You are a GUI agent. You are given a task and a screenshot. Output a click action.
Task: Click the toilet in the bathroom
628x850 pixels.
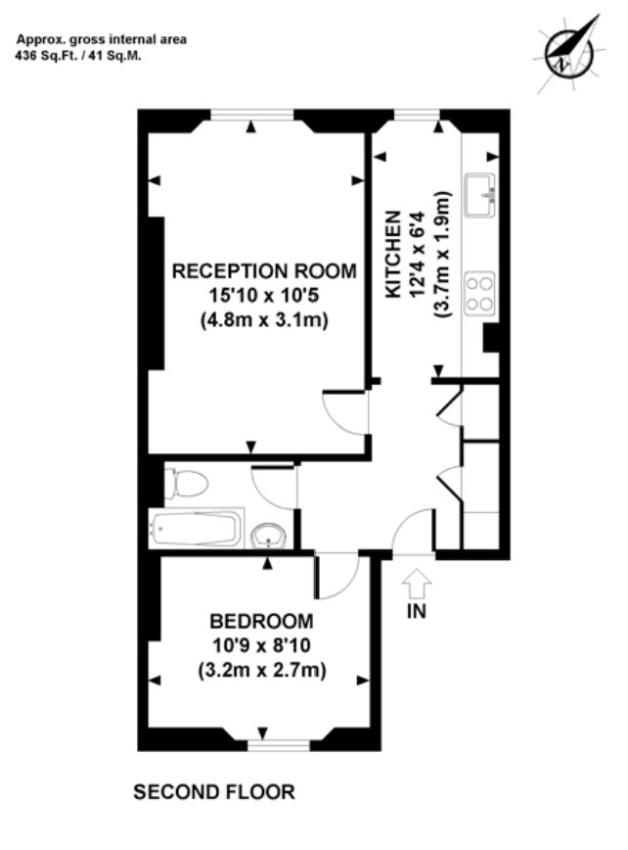pyautogui.click(x=186, y=484)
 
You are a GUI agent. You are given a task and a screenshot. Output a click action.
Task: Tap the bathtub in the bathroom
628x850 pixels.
pyautogui.click(x=197, y=529)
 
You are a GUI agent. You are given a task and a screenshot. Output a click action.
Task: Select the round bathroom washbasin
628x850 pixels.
pyautogui.click(x=269, y=536)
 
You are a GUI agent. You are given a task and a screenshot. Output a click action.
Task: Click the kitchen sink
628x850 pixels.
pyautogui.click(x=480, y=195)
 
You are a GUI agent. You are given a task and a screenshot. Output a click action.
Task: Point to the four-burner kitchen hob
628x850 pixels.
pyautogui.click(x=480, y=293)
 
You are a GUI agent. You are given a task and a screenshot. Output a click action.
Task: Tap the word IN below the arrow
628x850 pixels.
pyautogui.click(x=417, y=611)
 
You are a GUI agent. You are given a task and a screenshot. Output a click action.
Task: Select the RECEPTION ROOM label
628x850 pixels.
pyautogui.click(x=264, y=270)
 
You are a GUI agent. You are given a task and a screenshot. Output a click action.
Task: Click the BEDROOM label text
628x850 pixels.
pyautogui.click(x=261, y=621)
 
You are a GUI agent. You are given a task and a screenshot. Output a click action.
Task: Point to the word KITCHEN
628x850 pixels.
pyautogui.click(x=393, y=254)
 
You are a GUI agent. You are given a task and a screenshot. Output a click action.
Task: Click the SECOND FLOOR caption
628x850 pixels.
pyautogui.click(x=214, y=792)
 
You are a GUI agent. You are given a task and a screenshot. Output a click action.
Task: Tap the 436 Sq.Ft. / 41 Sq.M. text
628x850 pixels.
pyautogui.click(x=78, y=55)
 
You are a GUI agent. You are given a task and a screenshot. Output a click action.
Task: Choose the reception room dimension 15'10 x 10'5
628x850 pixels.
pyautogui.click(x=264, y=296)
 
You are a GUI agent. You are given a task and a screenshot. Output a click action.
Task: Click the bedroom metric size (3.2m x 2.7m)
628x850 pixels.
pyautogui.click(x=262, y=671)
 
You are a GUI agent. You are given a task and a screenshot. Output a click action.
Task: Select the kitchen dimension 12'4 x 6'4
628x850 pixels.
pyautogui.click(x=419, y=254)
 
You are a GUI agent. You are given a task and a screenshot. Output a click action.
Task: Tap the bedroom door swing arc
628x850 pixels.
pyautogui.click(x=346, y=587)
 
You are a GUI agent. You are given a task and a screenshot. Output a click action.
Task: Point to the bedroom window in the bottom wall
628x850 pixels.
pyautogui.click(x=279, y=745)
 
